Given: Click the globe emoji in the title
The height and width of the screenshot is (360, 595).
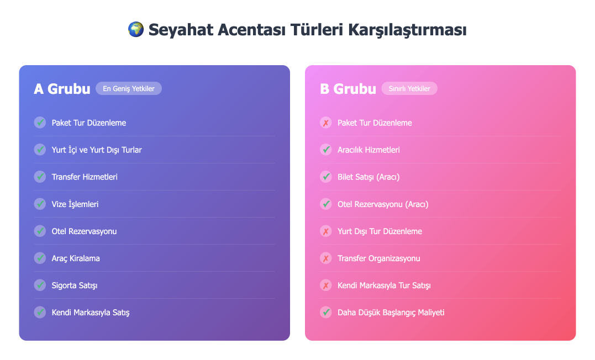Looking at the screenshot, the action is tap(136, 30).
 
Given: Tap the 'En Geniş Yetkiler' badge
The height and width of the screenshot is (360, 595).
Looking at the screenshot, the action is tap(129, 88).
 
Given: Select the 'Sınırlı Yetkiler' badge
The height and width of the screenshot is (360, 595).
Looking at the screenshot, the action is tap(409, 88).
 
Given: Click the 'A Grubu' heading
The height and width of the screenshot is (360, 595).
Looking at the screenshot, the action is tap(62, 89).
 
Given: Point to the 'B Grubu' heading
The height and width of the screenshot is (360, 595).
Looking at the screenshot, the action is tap(348, 89).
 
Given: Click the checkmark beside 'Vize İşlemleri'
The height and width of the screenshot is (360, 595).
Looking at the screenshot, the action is tap(40, 204).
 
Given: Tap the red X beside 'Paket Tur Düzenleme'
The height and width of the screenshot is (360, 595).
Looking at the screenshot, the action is tap(325, 123).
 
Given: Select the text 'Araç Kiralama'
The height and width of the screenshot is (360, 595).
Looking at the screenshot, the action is tap(76, 258).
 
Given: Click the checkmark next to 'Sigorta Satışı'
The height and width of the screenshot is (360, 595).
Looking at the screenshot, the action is tap(40, 285).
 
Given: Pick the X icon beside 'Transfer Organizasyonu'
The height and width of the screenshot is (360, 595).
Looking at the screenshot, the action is tap(325, 258).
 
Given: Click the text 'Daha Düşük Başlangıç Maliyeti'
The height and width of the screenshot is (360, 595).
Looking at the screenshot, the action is tap(391, 313).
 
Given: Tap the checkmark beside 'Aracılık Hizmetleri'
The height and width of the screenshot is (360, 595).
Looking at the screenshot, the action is tap(325, 150).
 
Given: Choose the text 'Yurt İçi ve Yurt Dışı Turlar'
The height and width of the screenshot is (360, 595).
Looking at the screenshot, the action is tap(97, 150).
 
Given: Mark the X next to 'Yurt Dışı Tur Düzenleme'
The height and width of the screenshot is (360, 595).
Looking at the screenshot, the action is tap(325, 231).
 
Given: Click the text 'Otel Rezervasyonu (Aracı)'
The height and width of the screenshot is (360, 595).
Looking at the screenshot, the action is tap(383, 204).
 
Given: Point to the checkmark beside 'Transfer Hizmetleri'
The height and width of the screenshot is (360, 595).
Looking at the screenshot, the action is tap(40, 177).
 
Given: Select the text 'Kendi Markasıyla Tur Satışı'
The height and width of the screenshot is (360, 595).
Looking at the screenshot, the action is tap(384, 285).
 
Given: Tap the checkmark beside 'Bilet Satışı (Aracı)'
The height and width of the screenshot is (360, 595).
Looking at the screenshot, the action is tap(325, 177).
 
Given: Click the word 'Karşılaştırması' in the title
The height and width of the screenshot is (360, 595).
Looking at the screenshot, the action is tap(407, 30).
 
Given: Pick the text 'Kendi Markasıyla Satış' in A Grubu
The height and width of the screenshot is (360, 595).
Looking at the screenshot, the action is tap(91, 313).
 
